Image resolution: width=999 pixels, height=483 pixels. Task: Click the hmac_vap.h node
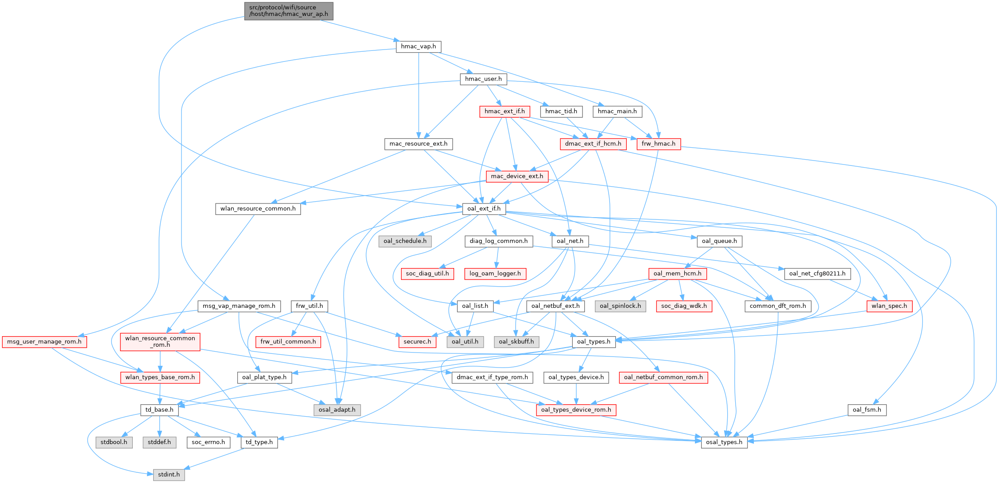coord(418,46)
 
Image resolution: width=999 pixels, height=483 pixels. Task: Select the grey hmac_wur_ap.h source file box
coord(289,11)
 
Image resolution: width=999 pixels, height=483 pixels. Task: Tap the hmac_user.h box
coord(483,79)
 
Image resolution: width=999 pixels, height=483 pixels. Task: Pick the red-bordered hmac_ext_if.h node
coord(505,111)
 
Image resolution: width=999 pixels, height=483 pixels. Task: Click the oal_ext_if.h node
coord(484,208)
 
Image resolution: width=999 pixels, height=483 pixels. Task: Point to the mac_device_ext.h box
coord(517,176)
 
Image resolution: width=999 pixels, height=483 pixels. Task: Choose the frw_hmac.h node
coord(659,144)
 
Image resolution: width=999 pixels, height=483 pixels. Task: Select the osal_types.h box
coord(724,442)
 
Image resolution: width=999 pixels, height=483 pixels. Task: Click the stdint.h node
coord(169,474)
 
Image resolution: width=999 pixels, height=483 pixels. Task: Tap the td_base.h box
coord(159,410)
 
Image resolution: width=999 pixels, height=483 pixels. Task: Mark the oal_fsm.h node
coord(867,410)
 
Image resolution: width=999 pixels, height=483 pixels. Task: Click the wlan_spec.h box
coord(889,306)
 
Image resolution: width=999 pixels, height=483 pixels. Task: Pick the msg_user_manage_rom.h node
coord(44,341)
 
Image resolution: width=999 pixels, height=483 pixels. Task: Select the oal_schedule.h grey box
coord(405,241)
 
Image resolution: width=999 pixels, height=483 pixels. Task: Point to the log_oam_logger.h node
coord(495,273)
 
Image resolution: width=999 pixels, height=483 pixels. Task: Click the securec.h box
coord(417,341)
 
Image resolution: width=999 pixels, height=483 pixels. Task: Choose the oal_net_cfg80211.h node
coord(817,273)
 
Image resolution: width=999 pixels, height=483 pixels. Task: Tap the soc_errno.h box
coord(208,442)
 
